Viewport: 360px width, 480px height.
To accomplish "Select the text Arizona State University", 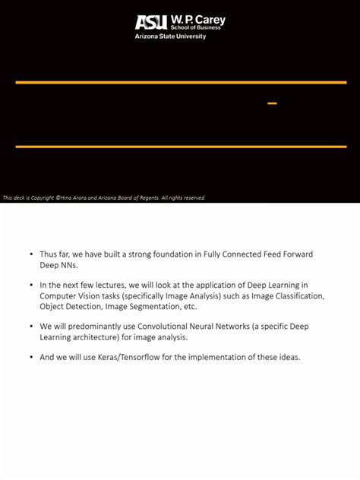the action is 170,36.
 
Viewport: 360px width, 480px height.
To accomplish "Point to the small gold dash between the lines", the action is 272,103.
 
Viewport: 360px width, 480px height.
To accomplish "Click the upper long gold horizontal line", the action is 181,82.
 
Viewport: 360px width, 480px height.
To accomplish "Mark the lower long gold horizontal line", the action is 181,147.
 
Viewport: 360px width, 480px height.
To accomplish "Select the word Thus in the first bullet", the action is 49,254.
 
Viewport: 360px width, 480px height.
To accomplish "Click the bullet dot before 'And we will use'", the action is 31,357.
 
